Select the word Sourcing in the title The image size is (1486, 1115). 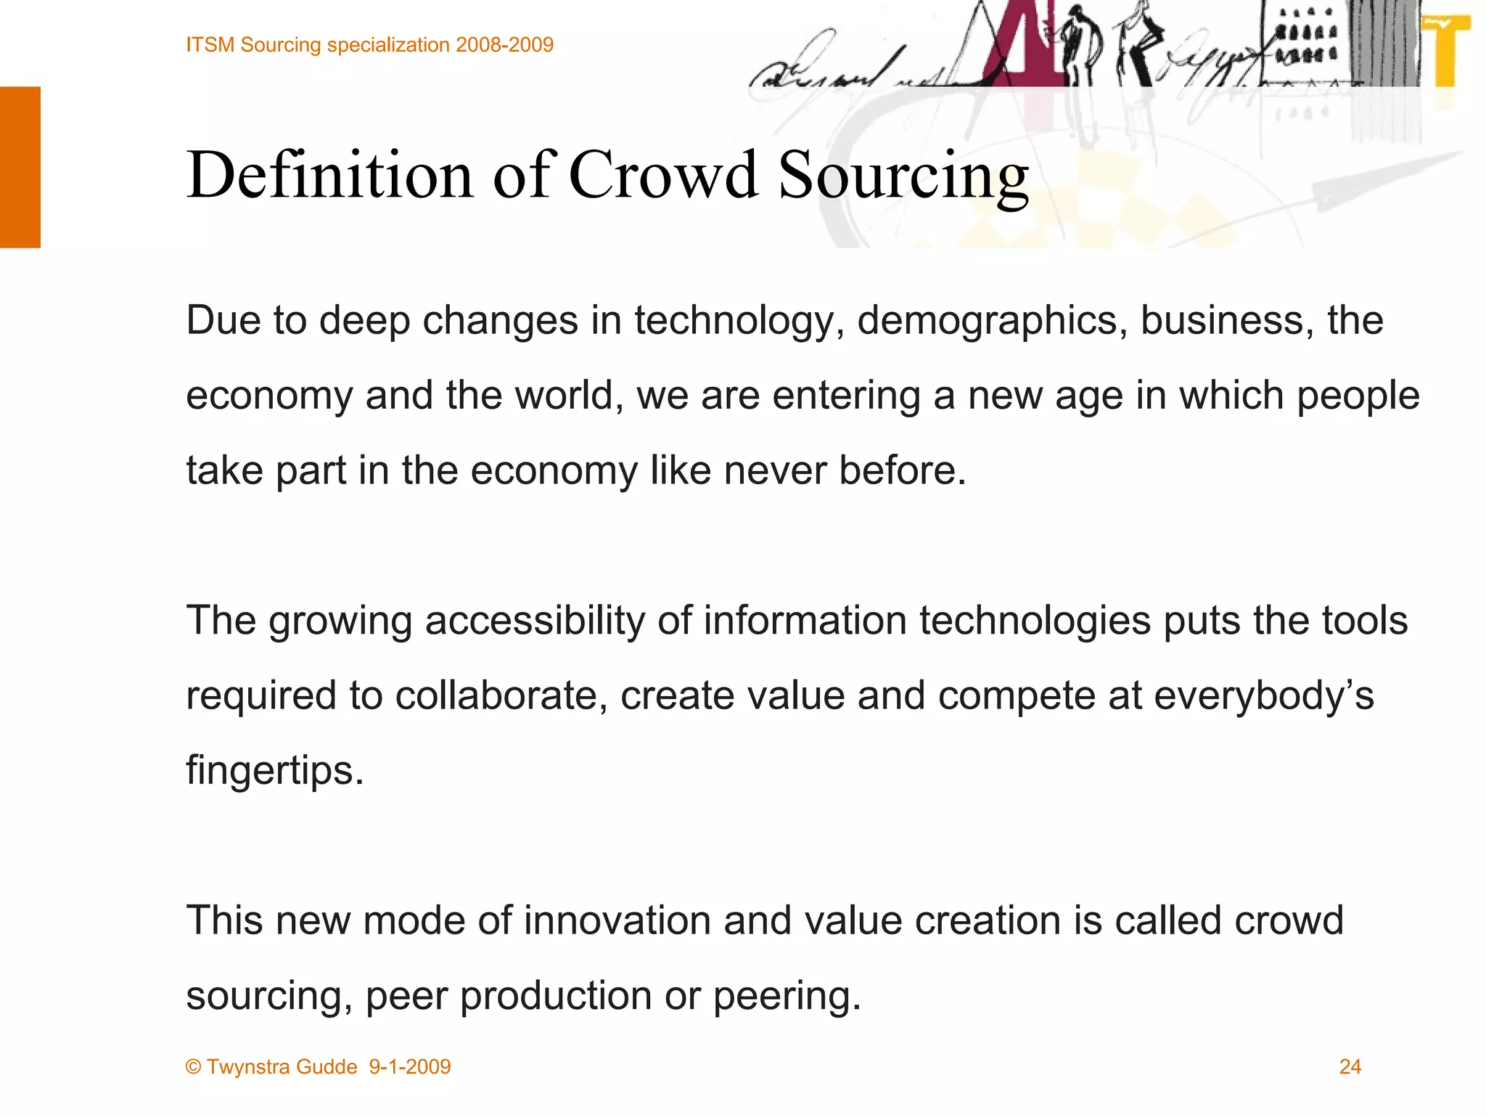[x=903, y=176]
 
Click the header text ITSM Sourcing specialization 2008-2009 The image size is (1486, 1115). [x=369, y=45]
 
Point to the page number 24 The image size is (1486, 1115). [x=1350, y=1066]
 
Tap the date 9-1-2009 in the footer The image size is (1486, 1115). [x=410, y=1066]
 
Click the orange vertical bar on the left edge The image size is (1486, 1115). [x=20, y=167]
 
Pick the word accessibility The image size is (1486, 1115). [x=535, y=621]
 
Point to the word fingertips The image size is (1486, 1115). [x=274, y=771]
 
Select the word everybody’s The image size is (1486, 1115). [x=1263, y=695]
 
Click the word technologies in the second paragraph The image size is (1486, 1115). [x=1035, y=621]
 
